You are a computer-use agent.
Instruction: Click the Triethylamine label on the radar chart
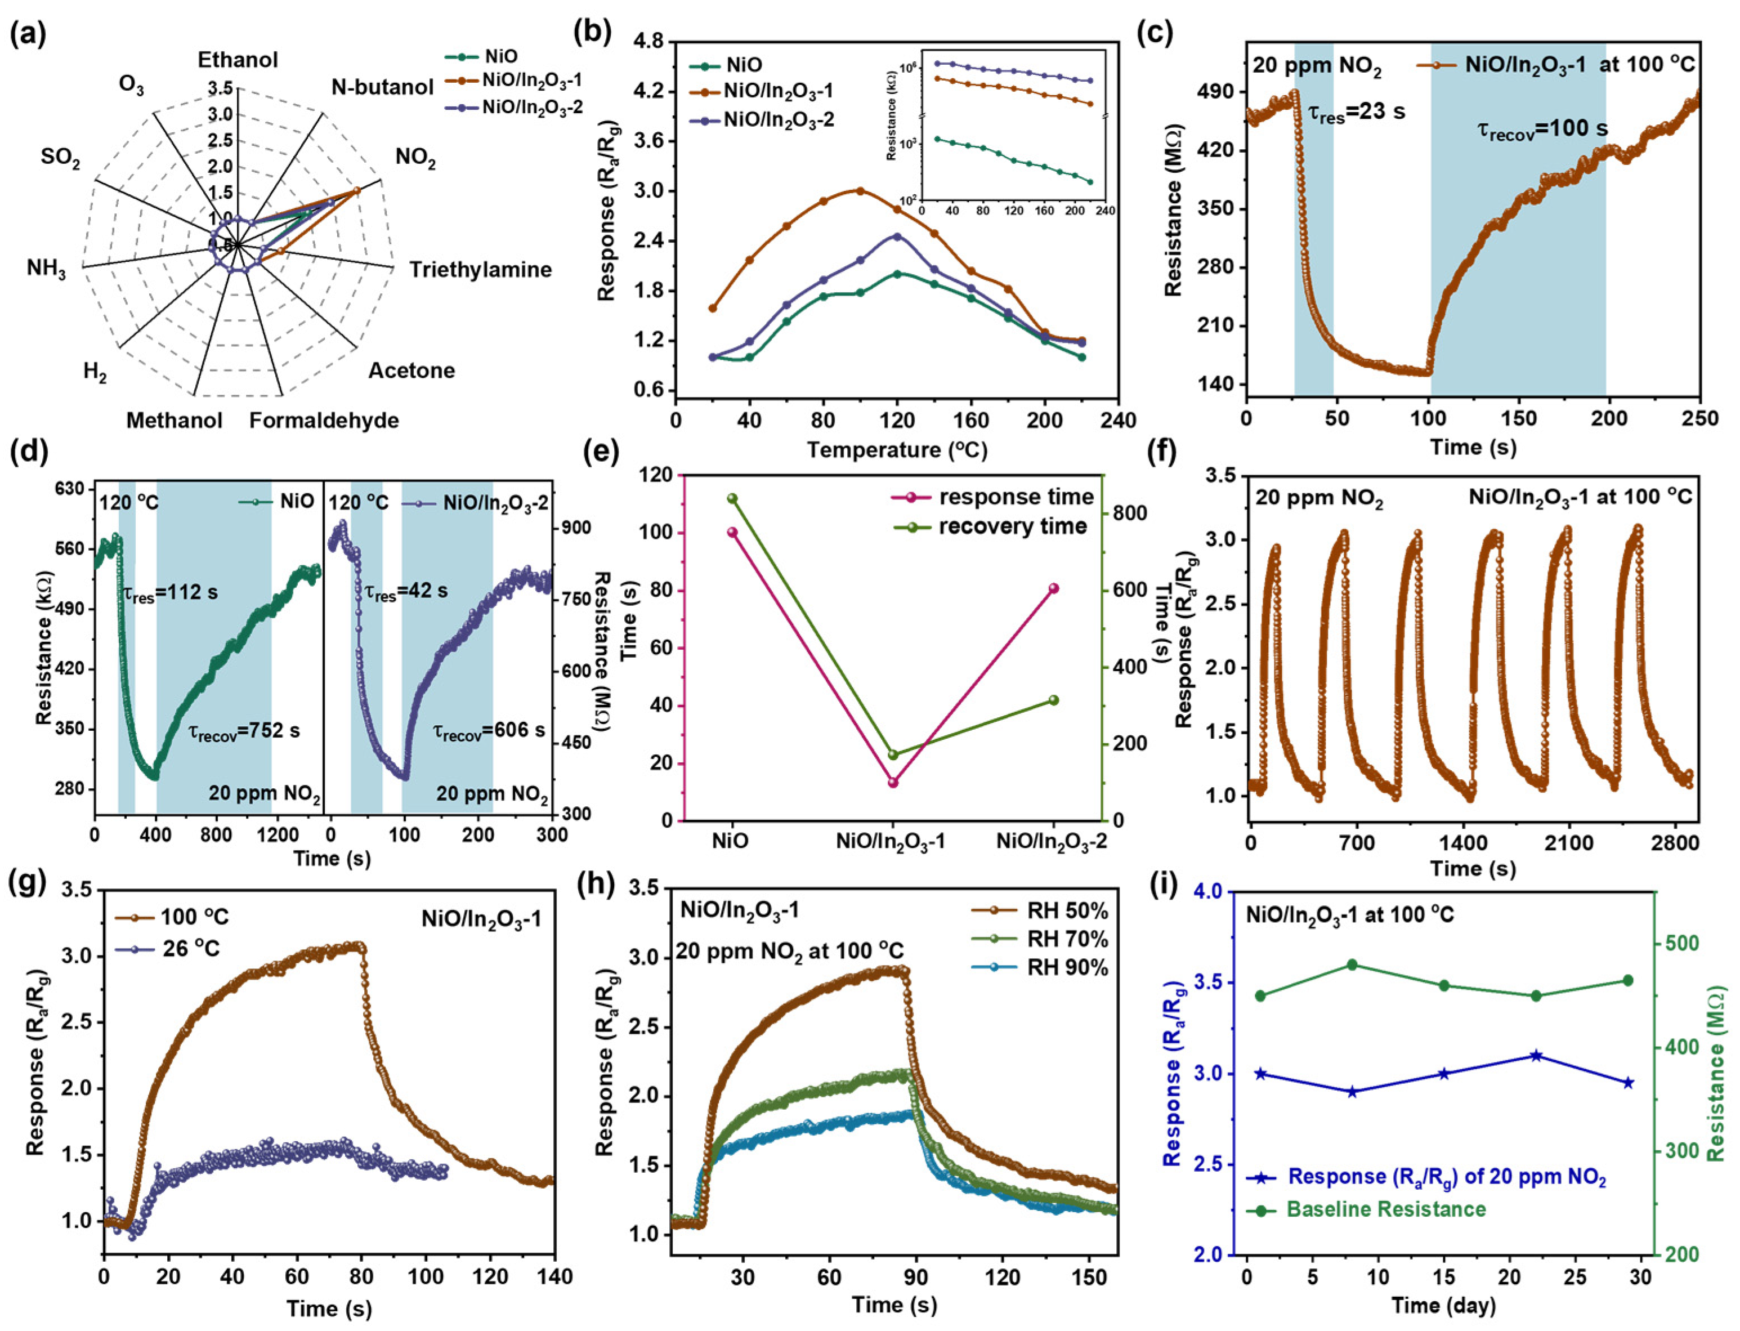click(480, 270)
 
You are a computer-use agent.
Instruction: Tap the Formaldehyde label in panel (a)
click(324, 420)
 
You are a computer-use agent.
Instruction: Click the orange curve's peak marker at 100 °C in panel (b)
click(860, 190)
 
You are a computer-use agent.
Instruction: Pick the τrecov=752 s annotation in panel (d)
click(244, 730)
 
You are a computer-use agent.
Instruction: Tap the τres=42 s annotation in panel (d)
click(405, 591)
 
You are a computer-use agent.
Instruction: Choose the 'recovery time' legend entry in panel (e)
click(1012, 527)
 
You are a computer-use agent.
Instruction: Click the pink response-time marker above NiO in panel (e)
click(732, 533)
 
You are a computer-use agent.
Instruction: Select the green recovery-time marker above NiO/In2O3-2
click(1053, 700)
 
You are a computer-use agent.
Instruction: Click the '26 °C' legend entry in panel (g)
click(191, 948)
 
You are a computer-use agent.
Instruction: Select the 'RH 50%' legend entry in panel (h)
click(1067, 910)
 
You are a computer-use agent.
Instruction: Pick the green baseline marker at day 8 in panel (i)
click(1352, 964)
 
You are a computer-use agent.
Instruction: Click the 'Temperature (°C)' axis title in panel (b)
click(897, 450)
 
